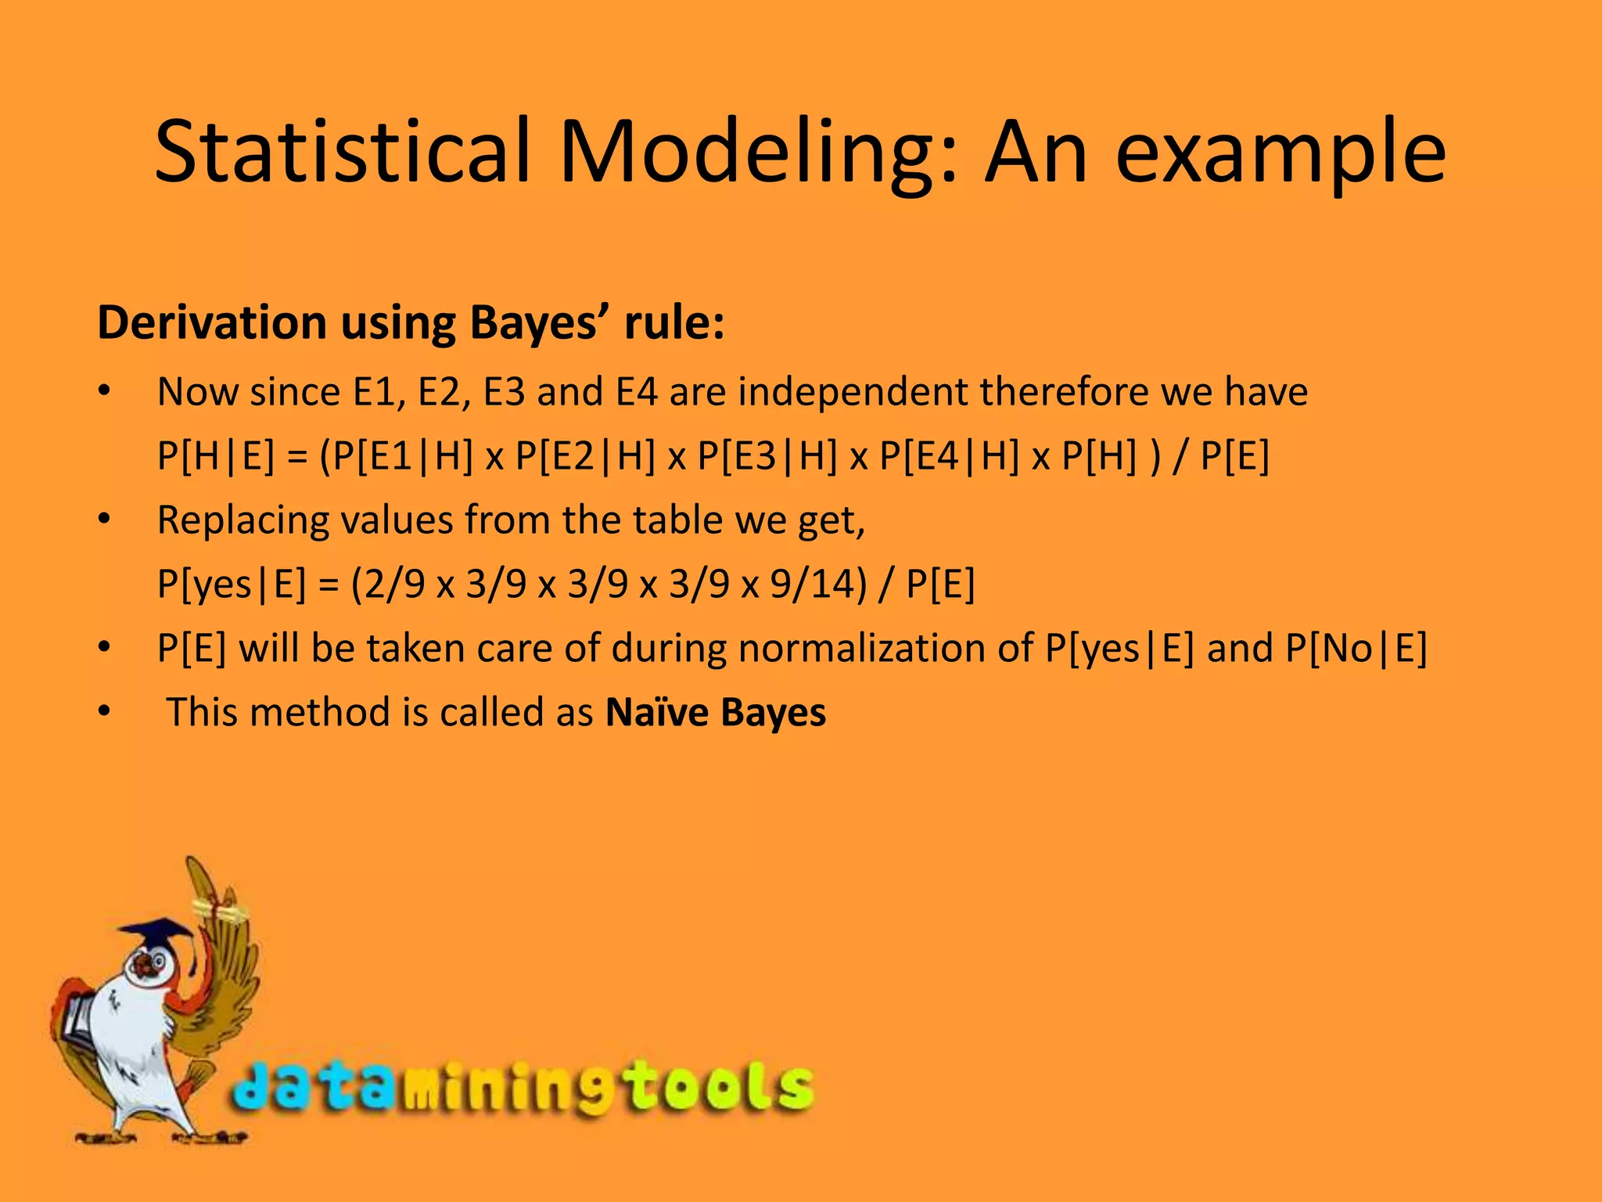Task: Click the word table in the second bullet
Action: click(677, 520)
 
